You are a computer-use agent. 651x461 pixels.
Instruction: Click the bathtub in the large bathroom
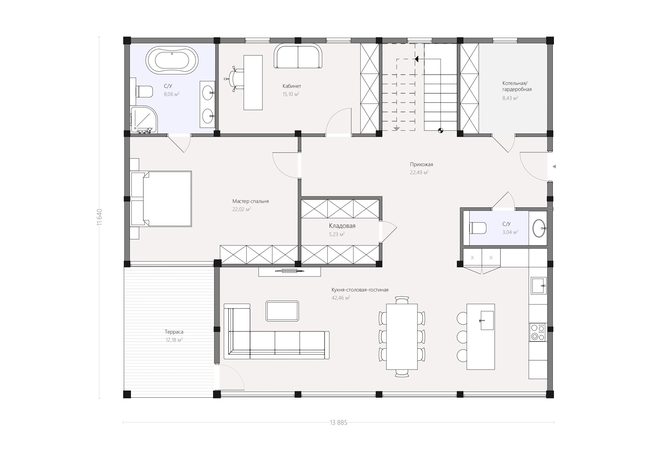click(172, 60)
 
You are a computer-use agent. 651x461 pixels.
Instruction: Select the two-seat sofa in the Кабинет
click(298, 56)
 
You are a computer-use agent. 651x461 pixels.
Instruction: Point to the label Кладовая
click(342, 226)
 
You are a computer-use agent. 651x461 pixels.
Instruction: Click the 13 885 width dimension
click(338, 423)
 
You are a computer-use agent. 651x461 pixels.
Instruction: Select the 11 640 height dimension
click(99, 217)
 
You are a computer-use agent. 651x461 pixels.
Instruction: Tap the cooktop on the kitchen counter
click(538, 332)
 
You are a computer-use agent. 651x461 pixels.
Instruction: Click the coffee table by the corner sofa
click(282, 311)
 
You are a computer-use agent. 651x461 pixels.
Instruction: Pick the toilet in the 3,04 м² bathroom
click(478, 228)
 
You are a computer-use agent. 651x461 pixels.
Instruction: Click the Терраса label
click(174, 332)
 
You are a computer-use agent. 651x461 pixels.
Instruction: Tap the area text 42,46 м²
click(341, 298)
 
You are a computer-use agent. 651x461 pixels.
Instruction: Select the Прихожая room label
click(421, 165)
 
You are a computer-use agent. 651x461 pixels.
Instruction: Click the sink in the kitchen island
click(487, 320)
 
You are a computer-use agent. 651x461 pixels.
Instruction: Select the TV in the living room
click(289, 271)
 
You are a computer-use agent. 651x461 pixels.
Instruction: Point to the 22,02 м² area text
click(242, 209)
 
